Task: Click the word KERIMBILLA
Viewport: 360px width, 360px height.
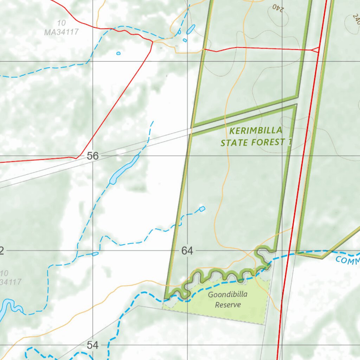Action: pos(256,131)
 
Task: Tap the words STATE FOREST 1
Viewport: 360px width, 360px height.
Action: pos(257,142)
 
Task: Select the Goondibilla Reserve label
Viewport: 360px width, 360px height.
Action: pos(228,300)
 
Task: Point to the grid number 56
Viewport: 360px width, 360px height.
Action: pos(92,156)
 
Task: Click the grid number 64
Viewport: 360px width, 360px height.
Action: pos(187,251)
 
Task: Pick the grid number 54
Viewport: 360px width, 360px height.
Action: pos(92,345)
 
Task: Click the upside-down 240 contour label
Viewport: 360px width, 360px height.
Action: pos(278,7)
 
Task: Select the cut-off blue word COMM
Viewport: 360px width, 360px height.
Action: pos(347,261)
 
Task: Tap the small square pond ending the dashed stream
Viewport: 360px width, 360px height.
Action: pos(202,209)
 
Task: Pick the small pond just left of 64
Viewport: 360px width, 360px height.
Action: pos(95,253)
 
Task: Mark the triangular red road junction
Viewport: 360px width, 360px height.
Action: pos(316,50)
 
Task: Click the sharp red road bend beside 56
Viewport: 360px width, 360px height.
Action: pos(77,157)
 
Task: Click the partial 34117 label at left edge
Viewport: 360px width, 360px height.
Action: pos(11,282)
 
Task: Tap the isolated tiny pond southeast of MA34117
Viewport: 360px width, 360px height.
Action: pos(118,53)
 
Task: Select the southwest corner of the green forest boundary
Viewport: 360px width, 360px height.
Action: pos(165,298)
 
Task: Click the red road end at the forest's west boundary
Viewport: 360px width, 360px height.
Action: pos(204,50)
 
